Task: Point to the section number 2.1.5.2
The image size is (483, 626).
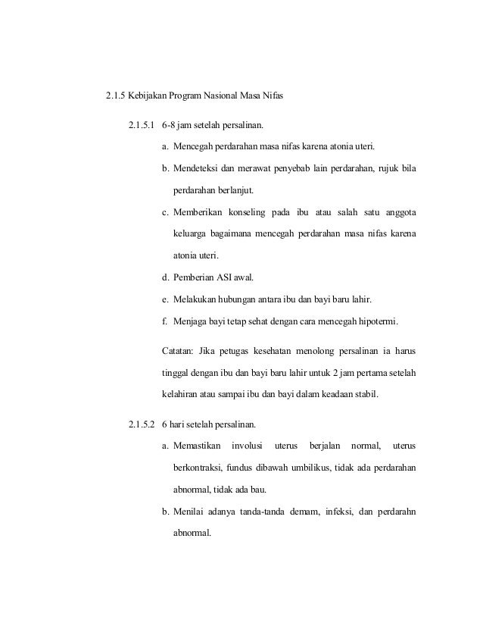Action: coord(139,423)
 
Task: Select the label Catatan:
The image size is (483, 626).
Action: coord(180,352)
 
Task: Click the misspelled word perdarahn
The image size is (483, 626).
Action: coord(394,511)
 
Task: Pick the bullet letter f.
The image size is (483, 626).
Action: coord(165,321)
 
